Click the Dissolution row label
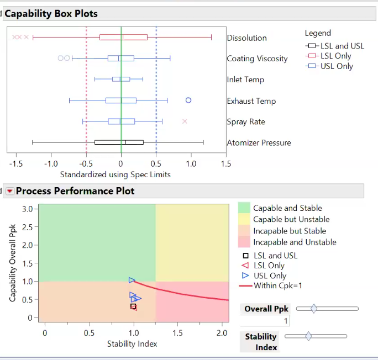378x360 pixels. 247,38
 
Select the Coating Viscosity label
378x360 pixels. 257,59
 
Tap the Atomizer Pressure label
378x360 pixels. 259,143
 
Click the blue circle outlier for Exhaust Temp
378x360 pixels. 188,100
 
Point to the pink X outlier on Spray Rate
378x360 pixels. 185,121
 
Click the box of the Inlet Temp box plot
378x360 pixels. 121,79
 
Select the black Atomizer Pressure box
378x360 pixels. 119,142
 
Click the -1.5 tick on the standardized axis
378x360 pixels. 16,164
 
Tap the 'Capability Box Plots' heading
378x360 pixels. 51,14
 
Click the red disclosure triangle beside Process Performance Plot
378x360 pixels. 9,191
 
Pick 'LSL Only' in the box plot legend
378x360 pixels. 335,56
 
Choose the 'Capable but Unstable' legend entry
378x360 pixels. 291,219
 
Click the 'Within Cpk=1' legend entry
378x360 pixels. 278,286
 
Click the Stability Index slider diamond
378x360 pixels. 308,336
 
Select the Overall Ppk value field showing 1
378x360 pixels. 265,321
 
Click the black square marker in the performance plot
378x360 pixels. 133,306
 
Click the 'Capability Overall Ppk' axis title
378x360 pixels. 13,263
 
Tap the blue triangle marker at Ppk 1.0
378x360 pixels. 132,280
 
